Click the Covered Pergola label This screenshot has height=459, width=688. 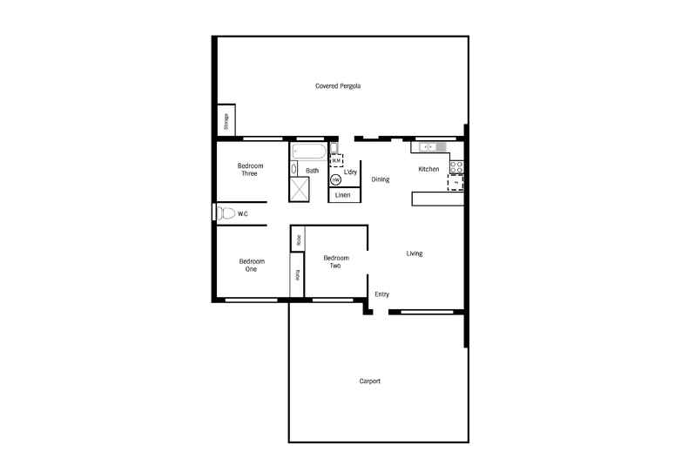click(x=338, y=86)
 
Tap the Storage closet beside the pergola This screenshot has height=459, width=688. click(x=226, y=121)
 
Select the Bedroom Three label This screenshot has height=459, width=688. click(x=249, y=169)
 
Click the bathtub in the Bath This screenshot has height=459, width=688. click(x=308, y=152)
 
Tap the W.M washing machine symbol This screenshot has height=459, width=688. click(x=335, y=160)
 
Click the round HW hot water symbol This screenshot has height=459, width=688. click(x=335, y=180)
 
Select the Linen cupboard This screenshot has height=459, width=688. click(x=343, y=195)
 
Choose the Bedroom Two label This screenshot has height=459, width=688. click(x=336, y=261)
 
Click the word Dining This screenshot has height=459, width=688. click(x=381, y=179)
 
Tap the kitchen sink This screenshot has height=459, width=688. click(x=428, y=147)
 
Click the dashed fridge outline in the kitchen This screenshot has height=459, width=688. click(x=455, y=183)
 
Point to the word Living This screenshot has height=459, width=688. click(x=415, y=253)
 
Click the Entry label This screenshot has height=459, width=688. click(x=381, y=294)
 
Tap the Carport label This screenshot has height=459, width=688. click(x=370, y=381)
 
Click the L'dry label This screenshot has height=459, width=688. click(x=350, y=172)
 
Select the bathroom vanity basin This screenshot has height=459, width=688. click(x=293, y=168)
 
